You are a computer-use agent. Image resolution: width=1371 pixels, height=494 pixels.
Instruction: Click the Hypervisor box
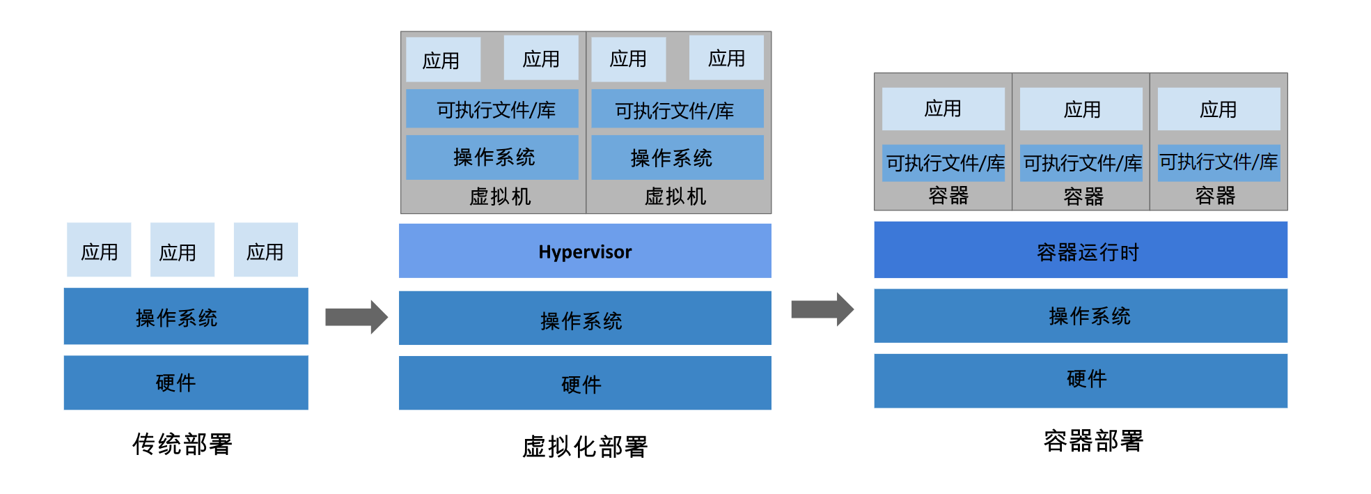[585, 251]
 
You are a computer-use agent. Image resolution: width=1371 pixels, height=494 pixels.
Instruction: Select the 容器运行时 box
[1081, 250]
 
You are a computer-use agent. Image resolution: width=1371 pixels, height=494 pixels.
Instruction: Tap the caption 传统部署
[182, 444]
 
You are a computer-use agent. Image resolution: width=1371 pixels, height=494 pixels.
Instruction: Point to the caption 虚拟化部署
[585, 447]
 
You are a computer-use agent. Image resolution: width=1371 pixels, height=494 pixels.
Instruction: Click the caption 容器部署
[1093, 441]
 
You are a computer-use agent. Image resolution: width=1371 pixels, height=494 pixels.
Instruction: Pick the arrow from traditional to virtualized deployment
[357, 317]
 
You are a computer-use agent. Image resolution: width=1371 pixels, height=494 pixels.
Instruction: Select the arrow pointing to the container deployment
[822, 309]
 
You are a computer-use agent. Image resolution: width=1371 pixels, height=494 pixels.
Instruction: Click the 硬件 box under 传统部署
[186, 383]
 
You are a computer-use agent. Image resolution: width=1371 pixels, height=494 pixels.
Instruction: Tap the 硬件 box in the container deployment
[1081, 380]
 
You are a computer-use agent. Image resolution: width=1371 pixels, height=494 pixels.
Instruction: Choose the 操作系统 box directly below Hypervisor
[585, 318]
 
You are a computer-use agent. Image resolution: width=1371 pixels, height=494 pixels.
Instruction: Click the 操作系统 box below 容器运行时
[1081, 316]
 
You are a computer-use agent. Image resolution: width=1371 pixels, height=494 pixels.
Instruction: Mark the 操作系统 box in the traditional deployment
[186, 316]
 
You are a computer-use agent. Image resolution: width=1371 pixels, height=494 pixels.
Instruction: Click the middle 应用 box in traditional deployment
[182, 249]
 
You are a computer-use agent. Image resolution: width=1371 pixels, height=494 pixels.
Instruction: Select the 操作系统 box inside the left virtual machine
[492, 157]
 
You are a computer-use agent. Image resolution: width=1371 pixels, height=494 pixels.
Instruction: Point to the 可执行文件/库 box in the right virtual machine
[677, 109]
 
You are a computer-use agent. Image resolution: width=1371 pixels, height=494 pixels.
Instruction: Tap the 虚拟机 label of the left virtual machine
[500, 196]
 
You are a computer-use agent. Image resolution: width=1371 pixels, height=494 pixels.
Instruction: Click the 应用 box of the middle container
[1081, 109]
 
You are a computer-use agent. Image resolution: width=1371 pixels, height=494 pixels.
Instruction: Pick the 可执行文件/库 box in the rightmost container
[1219, 163]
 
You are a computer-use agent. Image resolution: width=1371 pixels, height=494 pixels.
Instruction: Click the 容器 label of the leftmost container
[948, 196]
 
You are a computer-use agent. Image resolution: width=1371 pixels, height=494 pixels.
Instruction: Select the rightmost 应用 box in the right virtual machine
[726, 58]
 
